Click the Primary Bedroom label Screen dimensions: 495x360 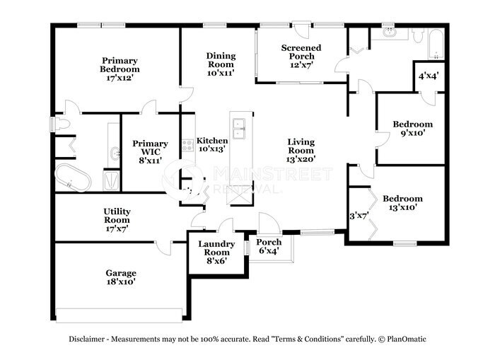120,69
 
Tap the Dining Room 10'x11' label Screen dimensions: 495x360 221,64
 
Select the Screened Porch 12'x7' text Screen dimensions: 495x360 301,56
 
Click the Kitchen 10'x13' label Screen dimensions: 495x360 212,144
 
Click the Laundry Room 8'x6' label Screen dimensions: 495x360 216,252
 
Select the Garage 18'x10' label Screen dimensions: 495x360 121,277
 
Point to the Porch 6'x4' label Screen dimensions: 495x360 269,246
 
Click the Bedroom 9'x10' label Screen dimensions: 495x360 412,128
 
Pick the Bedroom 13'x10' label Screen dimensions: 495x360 402,203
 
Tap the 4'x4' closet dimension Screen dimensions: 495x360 429,76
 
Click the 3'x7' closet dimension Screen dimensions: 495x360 359,216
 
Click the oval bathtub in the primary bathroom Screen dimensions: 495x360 73,178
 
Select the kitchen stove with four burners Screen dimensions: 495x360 188,146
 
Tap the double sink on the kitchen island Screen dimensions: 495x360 239,129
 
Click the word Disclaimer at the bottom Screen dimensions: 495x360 86,339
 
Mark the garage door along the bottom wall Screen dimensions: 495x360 120,315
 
